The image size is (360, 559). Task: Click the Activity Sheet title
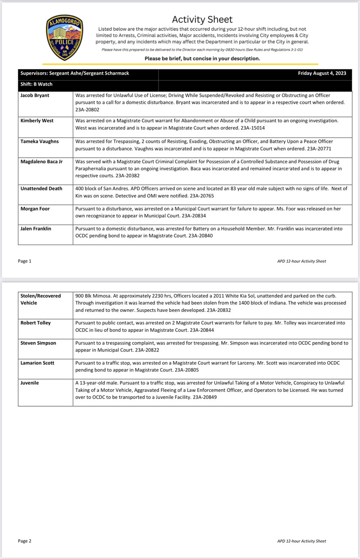[202, 19]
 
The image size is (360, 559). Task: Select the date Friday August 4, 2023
[322, 73]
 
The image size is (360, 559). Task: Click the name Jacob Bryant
[35, 95]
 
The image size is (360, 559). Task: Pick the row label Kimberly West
[37, 121]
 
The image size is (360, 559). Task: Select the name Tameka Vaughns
[40, 141]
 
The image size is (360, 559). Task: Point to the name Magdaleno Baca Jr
[41, 162]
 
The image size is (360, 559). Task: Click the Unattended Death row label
[41, 189]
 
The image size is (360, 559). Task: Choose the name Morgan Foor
[35, 209]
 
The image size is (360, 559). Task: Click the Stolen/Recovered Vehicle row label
[41, 299]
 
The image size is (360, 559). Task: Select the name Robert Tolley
[36, 323]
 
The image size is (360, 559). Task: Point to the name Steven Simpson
[38, 343]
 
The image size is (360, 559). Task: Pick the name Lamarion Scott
[38, 363]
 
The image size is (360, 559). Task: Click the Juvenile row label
[30, 383]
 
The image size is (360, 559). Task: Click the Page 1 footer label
[25, 261]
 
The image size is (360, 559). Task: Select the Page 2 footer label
[25, 541]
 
